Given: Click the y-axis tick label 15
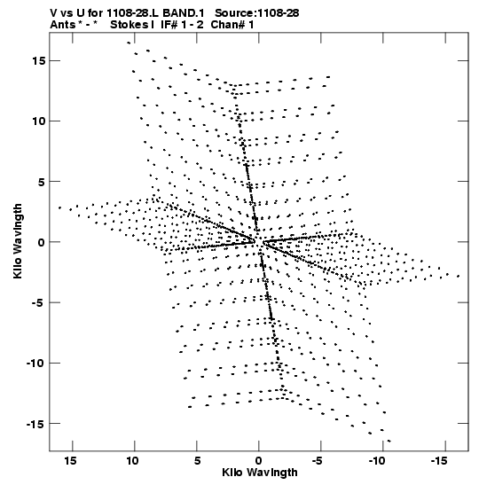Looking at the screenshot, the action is [39, 61].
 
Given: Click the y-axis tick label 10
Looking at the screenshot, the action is [39, 121].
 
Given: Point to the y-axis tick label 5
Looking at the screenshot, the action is [42, 182].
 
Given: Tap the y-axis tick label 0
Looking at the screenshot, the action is [42, 242].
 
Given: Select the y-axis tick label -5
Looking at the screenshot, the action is [39, 302].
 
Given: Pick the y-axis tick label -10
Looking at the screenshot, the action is [36, 363].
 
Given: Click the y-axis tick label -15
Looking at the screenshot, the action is [36, 424].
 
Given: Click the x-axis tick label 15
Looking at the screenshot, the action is [70, 461].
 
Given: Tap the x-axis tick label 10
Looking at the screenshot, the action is [132, 461].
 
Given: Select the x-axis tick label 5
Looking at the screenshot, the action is [197, 461].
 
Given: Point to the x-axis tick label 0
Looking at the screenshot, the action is [259, 461].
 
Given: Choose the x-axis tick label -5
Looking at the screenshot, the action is [318, 461].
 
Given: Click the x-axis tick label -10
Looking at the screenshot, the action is [377, 461].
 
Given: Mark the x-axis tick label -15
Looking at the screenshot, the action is [439, 461].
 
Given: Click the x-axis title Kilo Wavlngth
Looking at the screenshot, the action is [260, 473].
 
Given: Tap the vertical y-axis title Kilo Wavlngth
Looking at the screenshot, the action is [18, 241].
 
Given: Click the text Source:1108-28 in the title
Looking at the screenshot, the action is [257, 13].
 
